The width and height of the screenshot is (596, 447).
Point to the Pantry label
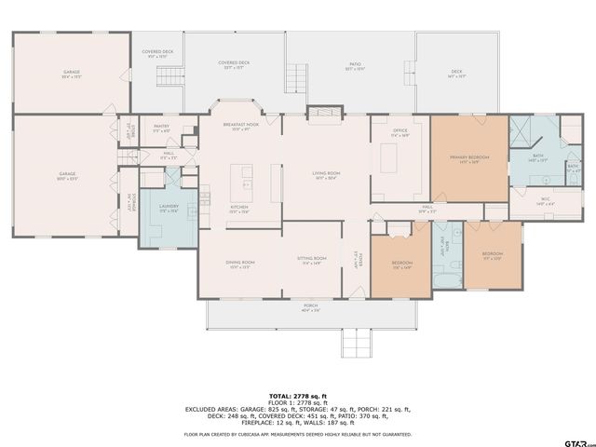(161, 129)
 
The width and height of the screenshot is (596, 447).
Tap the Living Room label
(326, 174)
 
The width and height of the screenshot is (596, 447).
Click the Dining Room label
(240, 264)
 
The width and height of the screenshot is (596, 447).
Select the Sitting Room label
(312, 259)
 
